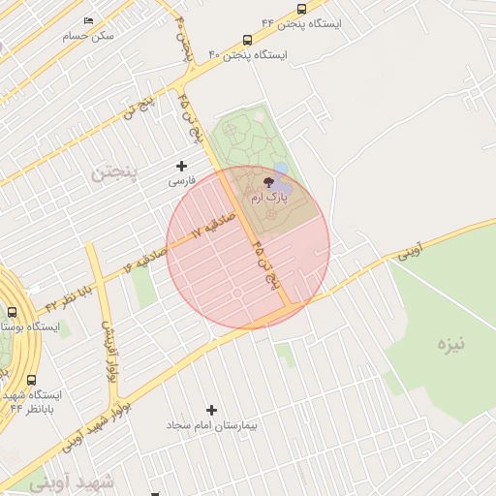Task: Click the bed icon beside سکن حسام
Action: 90,20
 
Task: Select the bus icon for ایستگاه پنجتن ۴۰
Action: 247,41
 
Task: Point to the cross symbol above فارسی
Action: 181,166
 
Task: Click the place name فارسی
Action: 182,180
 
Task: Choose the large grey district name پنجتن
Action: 115,172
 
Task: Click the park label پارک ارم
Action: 269,197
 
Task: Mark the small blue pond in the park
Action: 280,170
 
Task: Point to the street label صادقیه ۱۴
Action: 145,258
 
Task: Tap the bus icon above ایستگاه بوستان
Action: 12,312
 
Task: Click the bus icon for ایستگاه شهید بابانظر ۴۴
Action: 32,380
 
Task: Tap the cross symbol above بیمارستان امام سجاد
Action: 212,410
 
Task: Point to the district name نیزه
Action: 450,343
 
